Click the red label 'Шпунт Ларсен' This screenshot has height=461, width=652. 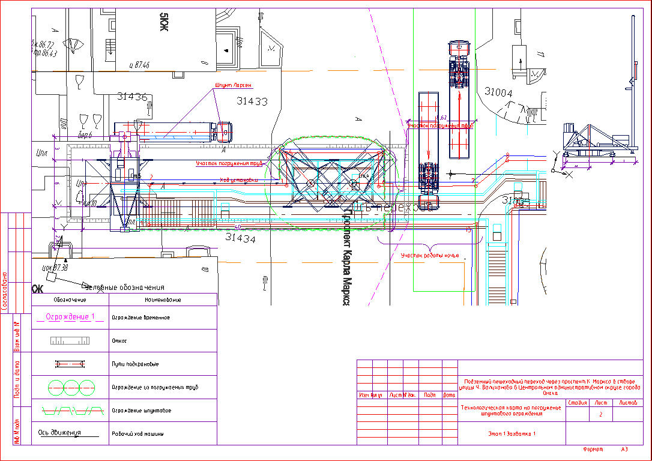(x=230, y=86)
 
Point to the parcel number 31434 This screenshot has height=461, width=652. (x=240, y=238)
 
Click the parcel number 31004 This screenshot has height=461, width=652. (x=498, y=92)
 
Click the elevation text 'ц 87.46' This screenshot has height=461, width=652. (x=139, y=65)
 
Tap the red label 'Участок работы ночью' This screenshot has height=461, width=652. (x=429, y=256)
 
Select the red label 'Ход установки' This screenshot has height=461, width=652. (x=239, y=179)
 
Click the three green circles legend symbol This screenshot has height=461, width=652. (x=70, y=387)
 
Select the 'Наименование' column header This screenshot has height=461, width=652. (x=163, y=300)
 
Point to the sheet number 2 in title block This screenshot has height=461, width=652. (x=600, y=414)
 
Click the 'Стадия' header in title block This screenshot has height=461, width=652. (x=577, y=403)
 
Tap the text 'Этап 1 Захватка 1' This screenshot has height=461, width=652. (x=511, y=433)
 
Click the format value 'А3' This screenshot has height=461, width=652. (x=624, y=449)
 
